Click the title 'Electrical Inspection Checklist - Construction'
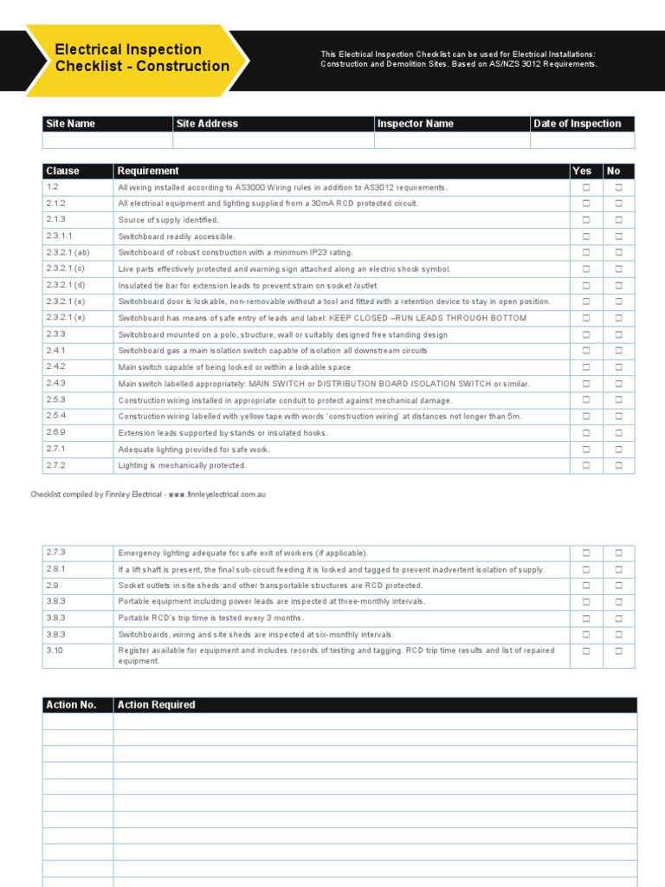[142, 58]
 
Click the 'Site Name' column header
[70, 124]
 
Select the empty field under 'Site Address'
[273, 140]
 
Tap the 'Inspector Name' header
[415, 124]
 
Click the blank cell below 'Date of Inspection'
[582, 140]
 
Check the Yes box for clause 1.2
[586, 187]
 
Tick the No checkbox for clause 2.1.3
[618, 220]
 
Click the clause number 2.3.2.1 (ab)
[68, 252]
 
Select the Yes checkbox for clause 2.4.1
[586, 351]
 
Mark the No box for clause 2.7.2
[618, 465]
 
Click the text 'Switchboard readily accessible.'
[177, 236]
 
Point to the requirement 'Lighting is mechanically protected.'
[182, 465]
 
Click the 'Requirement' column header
[148, 171]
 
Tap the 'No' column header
[614, 171]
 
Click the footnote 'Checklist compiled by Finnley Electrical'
[147, 494]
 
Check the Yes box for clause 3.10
[586, 651]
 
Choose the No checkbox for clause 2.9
[618, 586]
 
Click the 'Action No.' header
[71, 705]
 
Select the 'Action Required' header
[157, 705]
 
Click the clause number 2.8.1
[55, 569]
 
